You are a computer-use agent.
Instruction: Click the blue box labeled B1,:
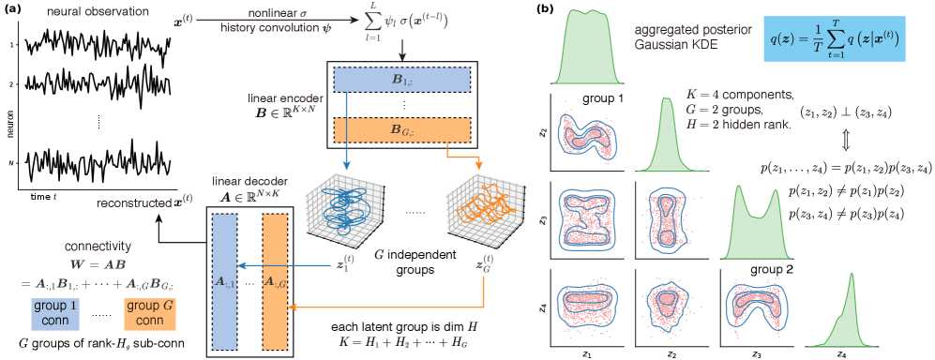click(x=401, y=82)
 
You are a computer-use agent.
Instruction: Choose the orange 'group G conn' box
click(x=151, y=314)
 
